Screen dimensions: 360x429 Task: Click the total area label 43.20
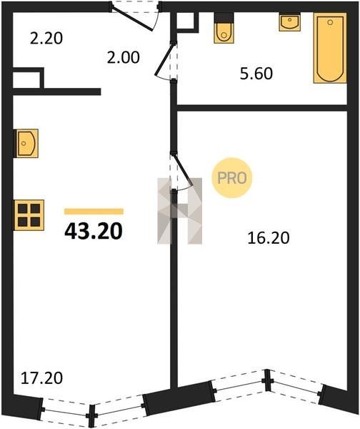(x=94, y=231)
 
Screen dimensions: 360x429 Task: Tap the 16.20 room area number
(x=268, y=238)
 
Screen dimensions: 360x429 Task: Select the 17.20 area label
(x=41, y=378)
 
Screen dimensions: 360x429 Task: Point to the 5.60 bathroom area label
(x=256, y=74)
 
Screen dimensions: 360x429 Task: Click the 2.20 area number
(x=46, y=39)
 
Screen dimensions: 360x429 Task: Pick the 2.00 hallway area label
(x=124, y=57)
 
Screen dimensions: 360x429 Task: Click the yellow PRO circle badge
(x=232, y=178)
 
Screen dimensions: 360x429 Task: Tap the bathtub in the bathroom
(x=330, y=48)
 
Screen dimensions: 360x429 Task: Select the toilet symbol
(x=224, y=28)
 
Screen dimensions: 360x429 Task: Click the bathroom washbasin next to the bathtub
(x=289, y=22)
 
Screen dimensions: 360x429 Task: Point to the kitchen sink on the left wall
(x=26, y=144)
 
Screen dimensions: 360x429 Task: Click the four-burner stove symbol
(x=29, y=215)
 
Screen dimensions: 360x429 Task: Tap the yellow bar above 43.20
(x=94, y=212)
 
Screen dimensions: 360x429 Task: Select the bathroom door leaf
(x=164, y=59)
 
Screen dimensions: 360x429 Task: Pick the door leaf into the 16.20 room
(x=182, y=169)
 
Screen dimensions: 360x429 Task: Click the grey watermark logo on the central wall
(x=180, y=211)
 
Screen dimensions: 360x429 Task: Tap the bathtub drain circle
(x=330, y=22)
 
